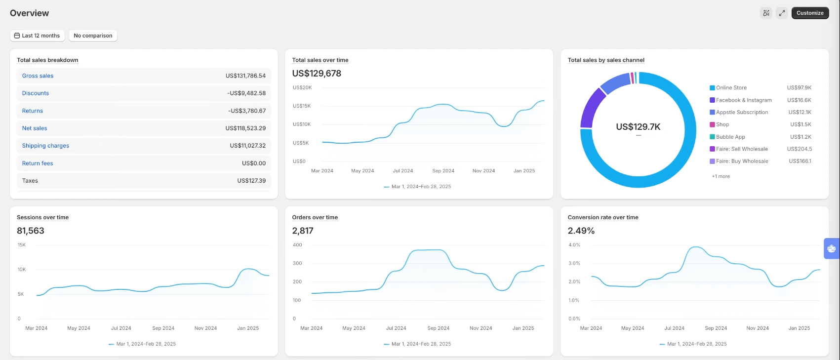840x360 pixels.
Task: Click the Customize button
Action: pyautogui.click(x=810, y=13)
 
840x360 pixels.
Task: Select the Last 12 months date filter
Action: pyautogui.click(x=37, y=36)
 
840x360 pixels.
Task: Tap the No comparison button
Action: pyautogui.click(x=93, y=36)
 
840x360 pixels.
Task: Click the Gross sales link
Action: pyautogui.click(x=38, y=76)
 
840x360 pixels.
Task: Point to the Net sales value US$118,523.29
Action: pyautogui.click(x=245, y=128)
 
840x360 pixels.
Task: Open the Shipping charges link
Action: pyautogui.click(x=45, y=146)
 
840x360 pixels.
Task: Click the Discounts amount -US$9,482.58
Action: pyautogui.click(x=246, y=93)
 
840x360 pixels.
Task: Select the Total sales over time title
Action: pyautogui.click(x=320, y=60)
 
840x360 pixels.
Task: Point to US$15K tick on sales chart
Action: pyautogui.click(x=302, y=106)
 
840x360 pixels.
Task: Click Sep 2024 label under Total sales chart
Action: pyautogui.click(x=443, y=171)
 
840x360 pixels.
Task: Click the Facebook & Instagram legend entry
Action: pyautogui.click(x=743, y=100)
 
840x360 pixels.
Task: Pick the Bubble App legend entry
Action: pyautogui.click(x=730, y=137)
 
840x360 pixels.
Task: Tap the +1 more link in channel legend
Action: pyautogui.click(x=720, y=176)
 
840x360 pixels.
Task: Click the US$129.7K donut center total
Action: pyautogui.click(x=638, y=127)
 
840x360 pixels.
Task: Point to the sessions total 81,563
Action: pyautogui.click(x=31, y=231)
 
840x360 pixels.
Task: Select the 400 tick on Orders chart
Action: pyautogui.click(x=297, y=245)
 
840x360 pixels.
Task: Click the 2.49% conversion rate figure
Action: pyautogui.click(x=581, y=231)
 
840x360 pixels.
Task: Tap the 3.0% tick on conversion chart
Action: pyautogui.click(x=574, y=263)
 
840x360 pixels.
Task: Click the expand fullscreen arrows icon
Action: pyautogui.click(x=782, y=13)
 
